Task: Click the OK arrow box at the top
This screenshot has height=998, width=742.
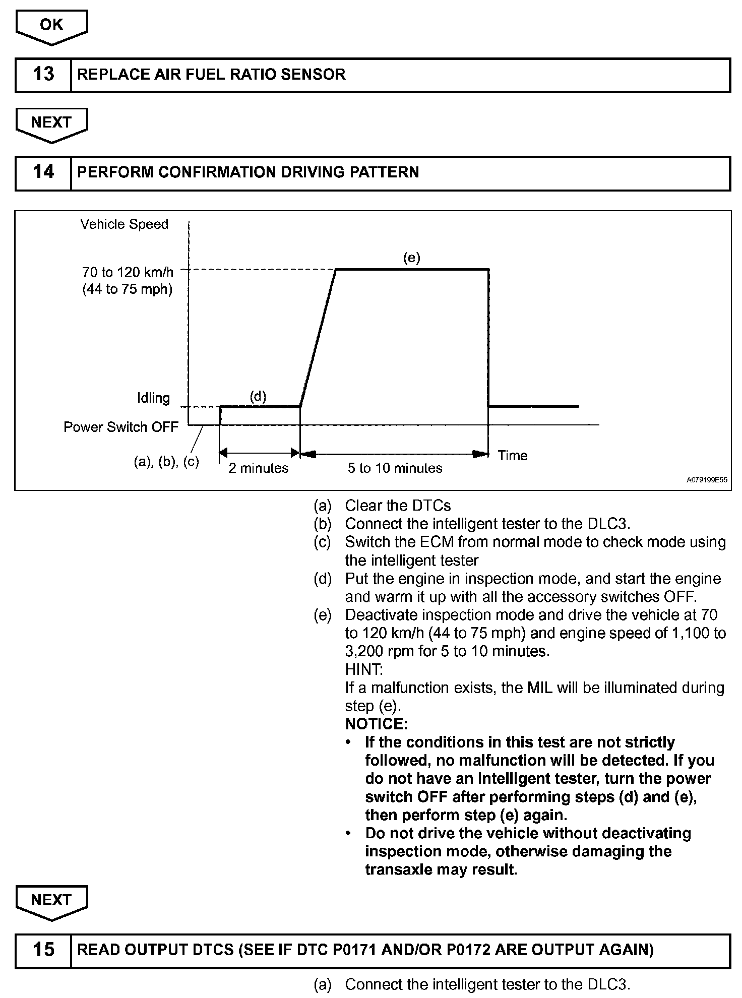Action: pos(51,25)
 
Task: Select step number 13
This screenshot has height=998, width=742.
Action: pos(43,75)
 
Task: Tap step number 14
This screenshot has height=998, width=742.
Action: pos(43,172)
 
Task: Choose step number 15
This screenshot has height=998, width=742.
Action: pos(43,950)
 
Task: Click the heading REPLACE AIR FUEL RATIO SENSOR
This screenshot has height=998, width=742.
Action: pos(211,75)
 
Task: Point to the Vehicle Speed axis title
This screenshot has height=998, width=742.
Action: pos(124,224)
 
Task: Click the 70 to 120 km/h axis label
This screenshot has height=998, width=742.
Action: pos(128,273)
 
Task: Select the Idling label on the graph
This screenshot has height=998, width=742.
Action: pos(153,398)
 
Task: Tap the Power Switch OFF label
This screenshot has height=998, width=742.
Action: pos(121,427)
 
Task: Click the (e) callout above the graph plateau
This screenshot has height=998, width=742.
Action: pos(411,258)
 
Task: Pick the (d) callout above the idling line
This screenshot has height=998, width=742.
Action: pos(258,396)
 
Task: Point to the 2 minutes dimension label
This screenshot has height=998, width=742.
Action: pos(258,468)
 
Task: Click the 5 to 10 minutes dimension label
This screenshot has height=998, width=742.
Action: pos(395,468)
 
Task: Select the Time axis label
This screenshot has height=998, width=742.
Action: pos(512,456)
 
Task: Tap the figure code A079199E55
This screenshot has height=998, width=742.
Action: pos(707,480)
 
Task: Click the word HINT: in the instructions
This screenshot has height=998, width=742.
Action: pos(364,670)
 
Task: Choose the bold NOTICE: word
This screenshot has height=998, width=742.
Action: pos(376,724)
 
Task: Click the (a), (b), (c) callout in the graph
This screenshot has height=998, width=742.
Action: pos(166,462)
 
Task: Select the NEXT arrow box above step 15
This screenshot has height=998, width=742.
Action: pos(51,900)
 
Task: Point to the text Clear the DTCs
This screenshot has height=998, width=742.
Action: pos(398,506)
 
